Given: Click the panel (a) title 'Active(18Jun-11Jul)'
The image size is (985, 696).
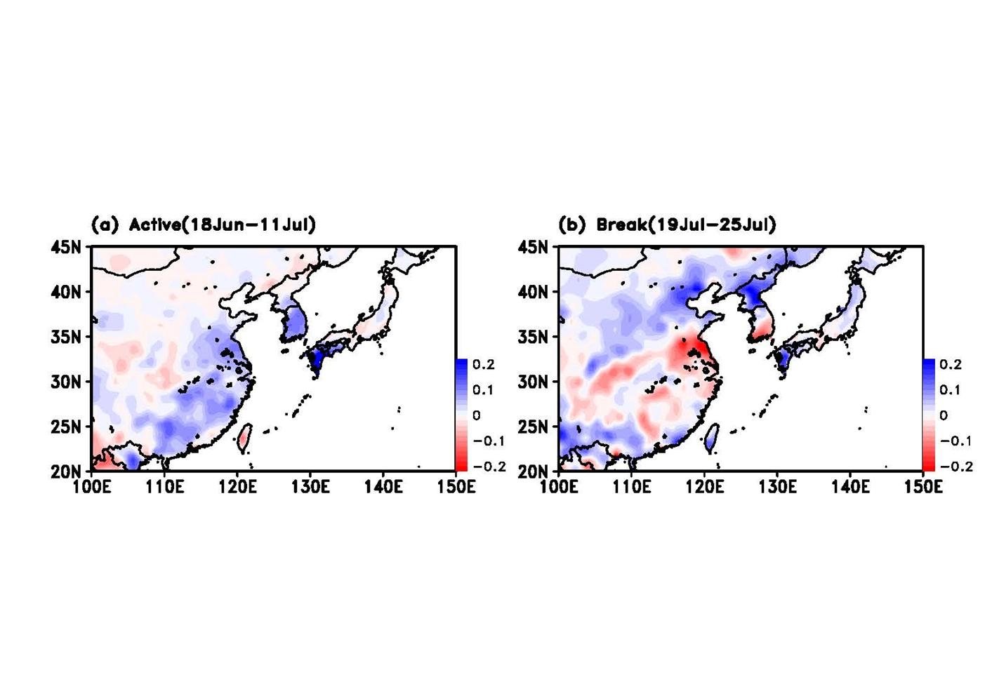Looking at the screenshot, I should click(x=222, y=225).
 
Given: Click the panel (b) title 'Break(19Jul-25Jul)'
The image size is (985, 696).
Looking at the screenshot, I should click(x=686, y=225).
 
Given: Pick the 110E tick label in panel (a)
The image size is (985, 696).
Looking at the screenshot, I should click(x=164, y=487).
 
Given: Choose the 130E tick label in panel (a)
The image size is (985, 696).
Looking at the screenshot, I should click(x=310, y=487).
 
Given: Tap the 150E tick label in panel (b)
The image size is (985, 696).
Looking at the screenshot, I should click(x=923, y=487).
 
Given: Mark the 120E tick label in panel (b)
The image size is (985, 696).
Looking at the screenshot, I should click(x=704, y=487).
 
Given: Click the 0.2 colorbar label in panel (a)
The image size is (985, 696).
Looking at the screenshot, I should click(x=484, y=365).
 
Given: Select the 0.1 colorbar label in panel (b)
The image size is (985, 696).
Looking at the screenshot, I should click(x=951, y=390).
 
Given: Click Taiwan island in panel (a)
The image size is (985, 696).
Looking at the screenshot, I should click(x=244, y=436).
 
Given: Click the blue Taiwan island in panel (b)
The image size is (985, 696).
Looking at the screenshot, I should click(x=711, y=436).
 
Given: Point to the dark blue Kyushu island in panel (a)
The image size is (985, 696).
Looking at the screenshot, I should click(x=316, y=359).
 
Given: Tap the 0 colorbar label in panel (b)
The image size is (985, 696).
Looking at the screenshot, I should click(x=944, y=415).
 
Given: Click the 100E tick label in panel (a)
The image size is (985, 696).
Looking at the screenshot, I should click(x=91, y=487).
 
